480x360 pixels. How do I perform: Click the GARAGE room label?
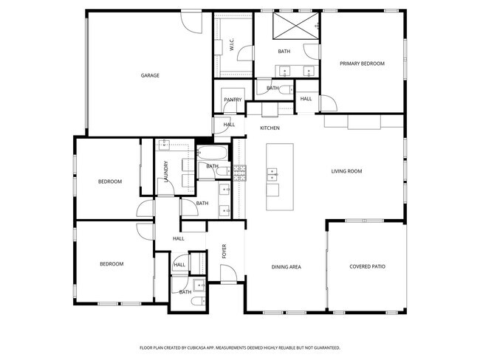click(151, 75)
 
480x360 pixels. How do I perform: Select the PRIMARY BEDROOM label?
click(362, 63)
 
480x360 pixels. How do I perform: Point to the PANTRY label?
click(233, 100)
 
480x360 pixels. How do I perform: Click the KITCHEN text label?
click(270, 128)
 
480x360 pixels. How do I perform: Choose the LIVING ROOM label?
click(346, 171)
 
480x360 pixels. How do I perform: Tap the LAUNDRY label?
click(167, 171)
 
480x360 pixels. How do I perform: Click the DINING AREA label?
click(286, 267)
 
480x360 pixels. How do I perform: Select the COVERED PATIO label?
click(367, 267)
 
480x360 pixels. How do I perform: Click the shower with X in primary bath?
click(294, 27)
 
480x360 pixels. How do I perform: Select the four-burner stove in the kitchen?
click(239, 173)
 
